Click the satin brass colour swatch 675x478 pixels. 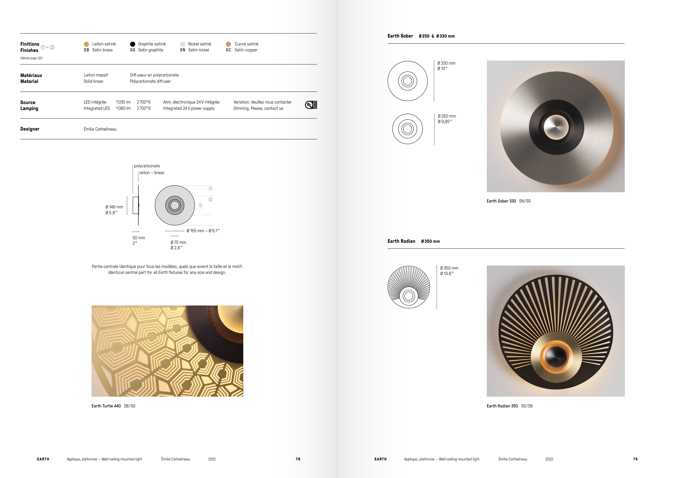pos(86,44)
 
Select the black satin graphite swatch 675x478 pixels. pos(133,44)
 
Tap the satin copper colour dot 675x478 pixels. pos(228,44)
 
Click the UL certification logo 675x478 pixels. pos(311,105)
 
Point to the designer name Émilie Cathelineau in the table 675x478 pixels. pos(100,129)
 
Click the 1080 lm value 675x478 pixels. pos(123,108)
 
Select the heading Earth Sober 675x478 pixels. pos(400,36)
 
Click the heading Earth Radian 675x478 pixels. pos(401,241)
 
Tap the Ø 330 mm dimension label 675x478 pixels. pos(446,63)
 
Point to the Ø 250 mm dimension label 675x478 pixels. pos(447,116)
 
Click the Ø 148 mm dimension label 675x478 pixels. pos(114,207)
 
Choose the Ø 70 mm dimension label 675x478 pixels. pos(178,243)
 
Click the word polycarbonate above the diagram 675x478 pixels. pos(147,166)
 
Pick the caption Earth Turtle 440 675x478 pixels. pos(106,406)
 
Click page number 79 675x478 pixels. pos(635,459)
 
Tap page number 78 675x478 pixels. pos(298,459)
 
